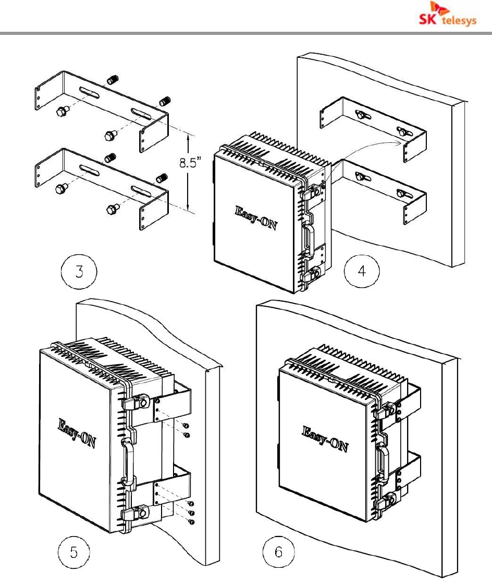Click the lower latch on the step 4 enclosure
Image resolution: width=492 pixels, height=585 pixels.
[x=310, y=273]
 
